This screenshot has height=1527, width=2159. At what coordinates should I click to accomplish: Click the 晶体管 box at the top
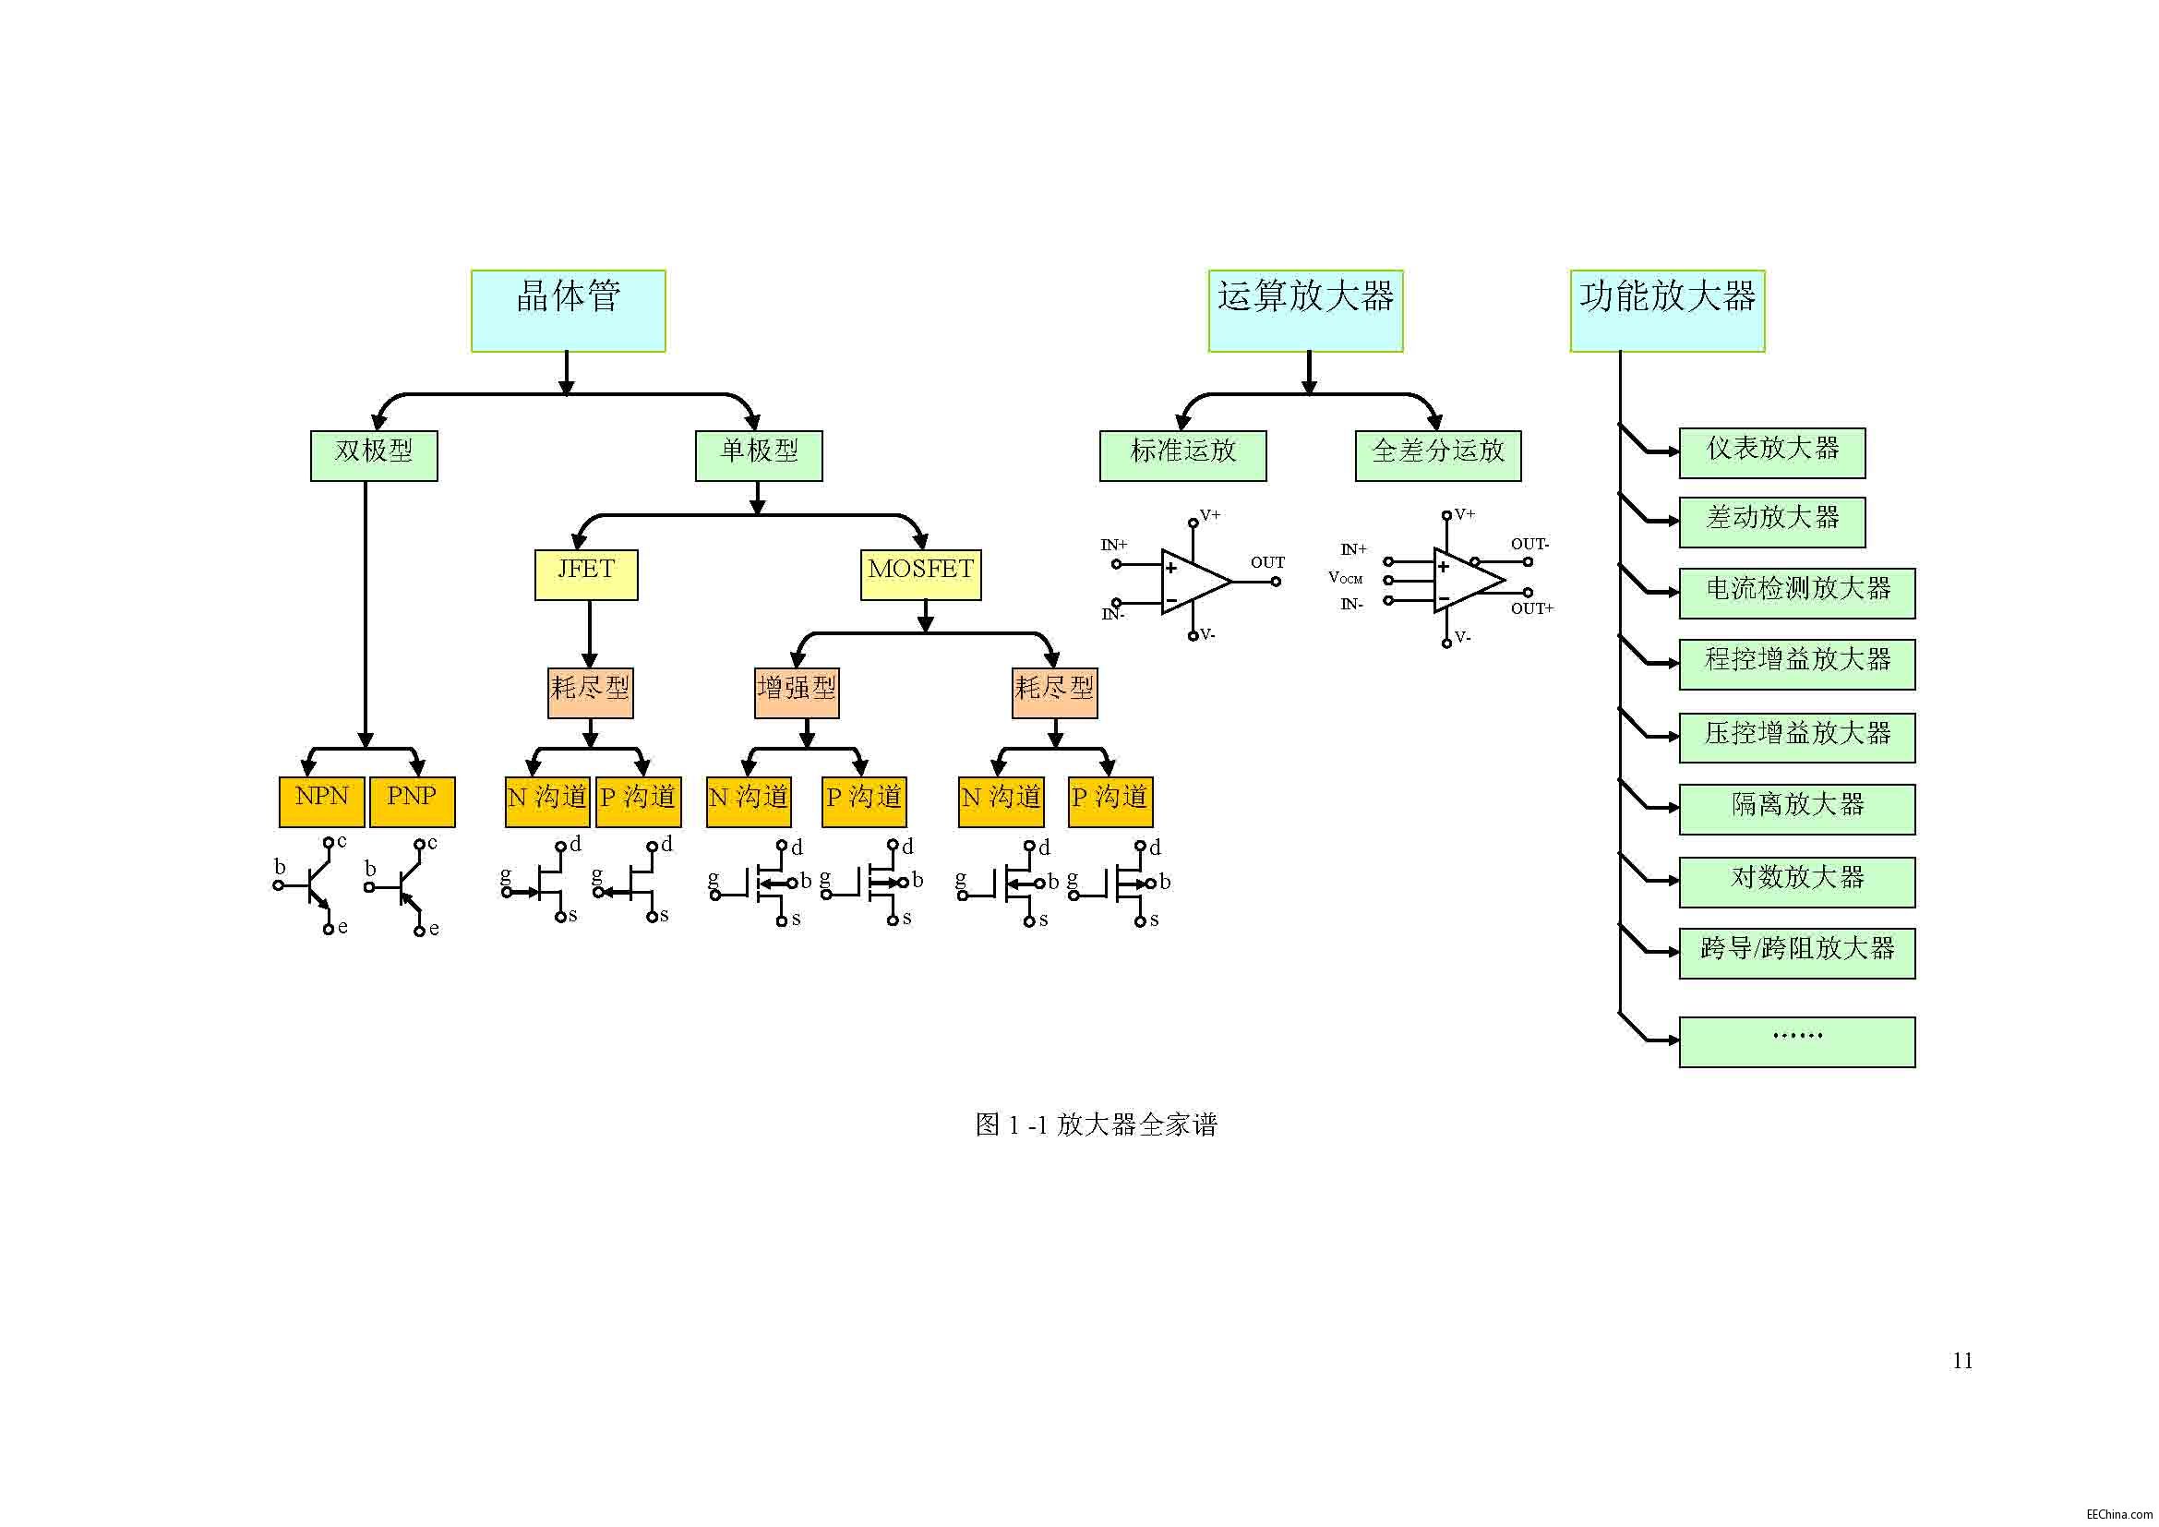coord(568,311)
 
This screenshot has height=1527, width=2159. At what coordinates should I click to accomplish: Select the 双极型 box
coord(373,456)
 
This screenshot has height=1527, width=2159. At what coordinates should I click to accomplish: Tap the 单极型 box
coord(758,456)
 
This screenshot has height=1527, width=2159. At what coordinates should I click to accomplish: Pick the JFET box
coord(586,574)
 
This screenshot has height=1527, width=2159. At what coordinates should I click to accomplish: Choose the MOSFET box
coord(920,574)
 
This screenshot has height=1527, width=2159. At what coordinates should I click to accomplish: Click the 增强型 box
coord(797,693)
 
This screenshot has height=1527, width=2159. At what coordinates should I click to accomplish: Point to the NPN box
coord(321,801)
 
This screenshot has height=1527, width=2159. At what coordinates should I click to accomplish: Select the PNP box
coord(412,801)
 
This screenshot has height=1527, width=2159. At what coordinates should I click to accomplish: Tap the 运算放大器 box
coord(1305,311)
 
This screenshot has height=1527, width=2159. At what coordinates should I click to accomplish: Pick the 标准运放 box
coord(1183,456)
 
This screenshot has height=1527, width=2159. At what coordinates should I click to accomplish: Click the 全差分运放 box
coord(1438,456)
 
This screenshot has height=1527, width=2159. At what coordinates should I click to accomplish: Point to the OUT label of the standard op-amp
coord(1266,562)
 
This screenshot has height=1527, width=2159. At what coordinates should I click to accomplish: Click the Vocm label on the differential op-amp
coord(1345,577)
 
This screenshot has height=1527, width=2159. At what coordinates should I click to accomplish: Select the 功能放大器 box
coord(1667,311)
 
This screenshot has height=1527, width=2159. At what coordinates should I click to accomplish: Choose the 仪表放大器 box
coord(1771,453)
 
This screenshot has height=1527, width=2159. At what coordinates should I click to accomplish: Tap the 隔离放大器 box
coord(1797,810)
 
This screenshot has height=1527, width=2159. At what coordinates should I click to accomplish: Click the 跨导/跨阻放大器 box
coord(1797,954)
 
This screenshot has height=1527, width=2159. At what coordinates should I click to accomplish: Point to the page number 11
coord(1961,1361)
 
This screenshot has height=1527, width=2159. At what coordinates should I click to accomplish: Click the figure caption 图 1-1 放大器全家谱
coord(1096,1124)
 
